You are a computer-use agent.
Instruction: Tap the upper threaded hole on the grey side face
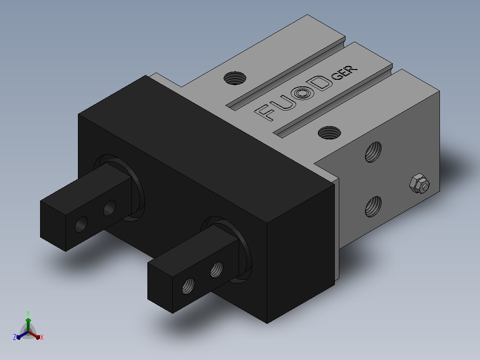pos(374,152)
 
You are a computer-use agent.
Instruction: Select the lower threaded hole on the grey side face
pos(374,206)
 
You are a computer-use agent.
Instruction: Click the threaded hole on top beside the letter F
pos(235,78)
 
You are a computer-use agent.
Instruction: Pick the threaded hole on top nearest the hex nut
pos(329,133)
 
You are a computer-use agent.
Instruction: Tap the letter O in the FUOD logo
pos(303,92)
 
